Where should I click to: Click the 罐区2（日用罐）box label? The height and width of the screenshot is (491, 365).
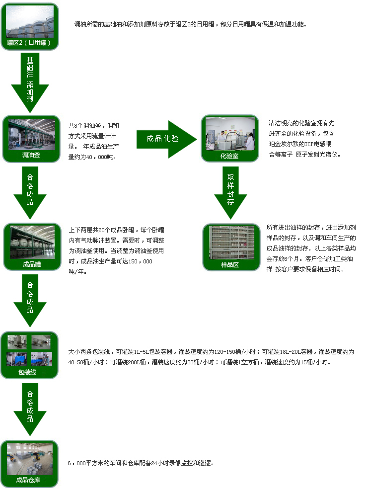[29, 43]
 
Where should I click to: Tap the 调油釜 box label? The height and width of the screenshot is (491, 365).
[30, 155]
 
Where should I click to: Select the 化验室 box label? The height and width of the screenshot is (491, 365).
[229, 155]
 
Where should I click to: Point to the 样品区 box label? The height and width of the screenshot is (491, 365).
[230, 265]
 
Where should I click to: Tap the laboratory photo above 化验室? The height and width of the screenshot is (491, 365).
[229, 133]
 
